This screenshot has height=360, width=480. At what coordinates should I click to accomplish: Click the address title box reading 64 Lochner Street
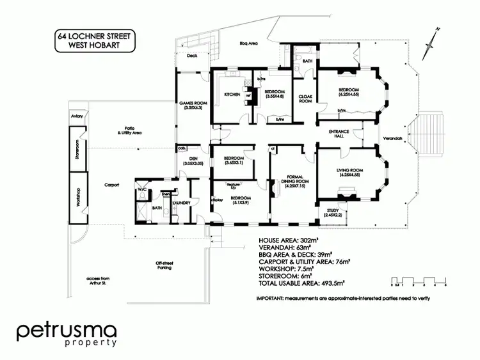tap(94, 40)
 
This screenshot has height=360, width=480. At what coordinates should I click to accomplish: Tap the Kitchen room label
tap(231, 95)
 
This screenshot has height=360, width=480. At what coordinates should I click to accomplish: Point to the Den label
tap(193, 162)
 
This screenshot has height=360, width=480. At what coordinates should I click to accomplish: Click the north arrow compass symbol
tap(434, 38)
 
